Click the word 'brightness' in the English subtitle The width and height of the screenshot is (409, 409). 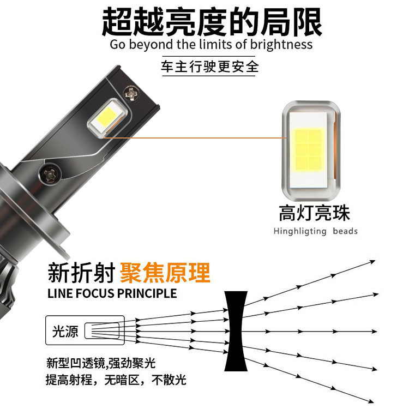tap(281, 44)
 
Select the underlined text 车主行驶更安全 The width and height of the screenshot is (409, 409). tap(209, 67)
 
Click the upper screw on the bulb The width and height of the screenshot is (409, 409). tap(131, 93)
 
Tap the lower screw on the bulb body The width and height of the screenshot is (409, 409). tap(50, 174)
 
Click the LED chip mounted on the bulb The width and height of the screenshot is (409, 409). tap(107, 116)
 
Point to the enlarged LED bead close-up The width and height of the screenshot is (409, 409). tap(311, 151)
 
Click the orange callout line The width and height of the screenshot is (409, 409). tap(195, 137)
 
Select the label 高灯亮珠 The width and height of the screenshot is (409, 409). tap(314, 213)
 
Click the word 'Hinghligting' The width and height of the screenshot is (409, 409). tap(300, 231)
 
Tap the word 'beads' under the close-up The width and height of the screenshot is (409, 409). tap(345, 231)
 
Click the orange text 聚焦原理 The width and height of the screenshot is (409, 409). tap(165, 273)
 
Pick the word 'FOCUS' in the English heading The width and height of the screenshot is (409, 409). tap(95, 293)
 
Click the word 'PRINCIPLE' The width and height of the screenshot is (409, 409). tap(147, 293)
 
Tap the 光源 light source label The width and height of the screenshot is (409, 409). tap(65, 332)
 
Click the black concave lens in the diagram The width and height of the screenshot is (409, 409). tap(236, 331)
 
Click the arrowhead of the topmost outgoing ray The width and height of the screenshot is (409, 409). tap(372, 262)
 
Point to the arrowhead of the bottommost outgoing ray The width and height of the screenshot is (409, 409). tap(370, 401)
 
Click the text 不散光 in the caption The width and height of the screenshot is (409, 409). tap(169, 380)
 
